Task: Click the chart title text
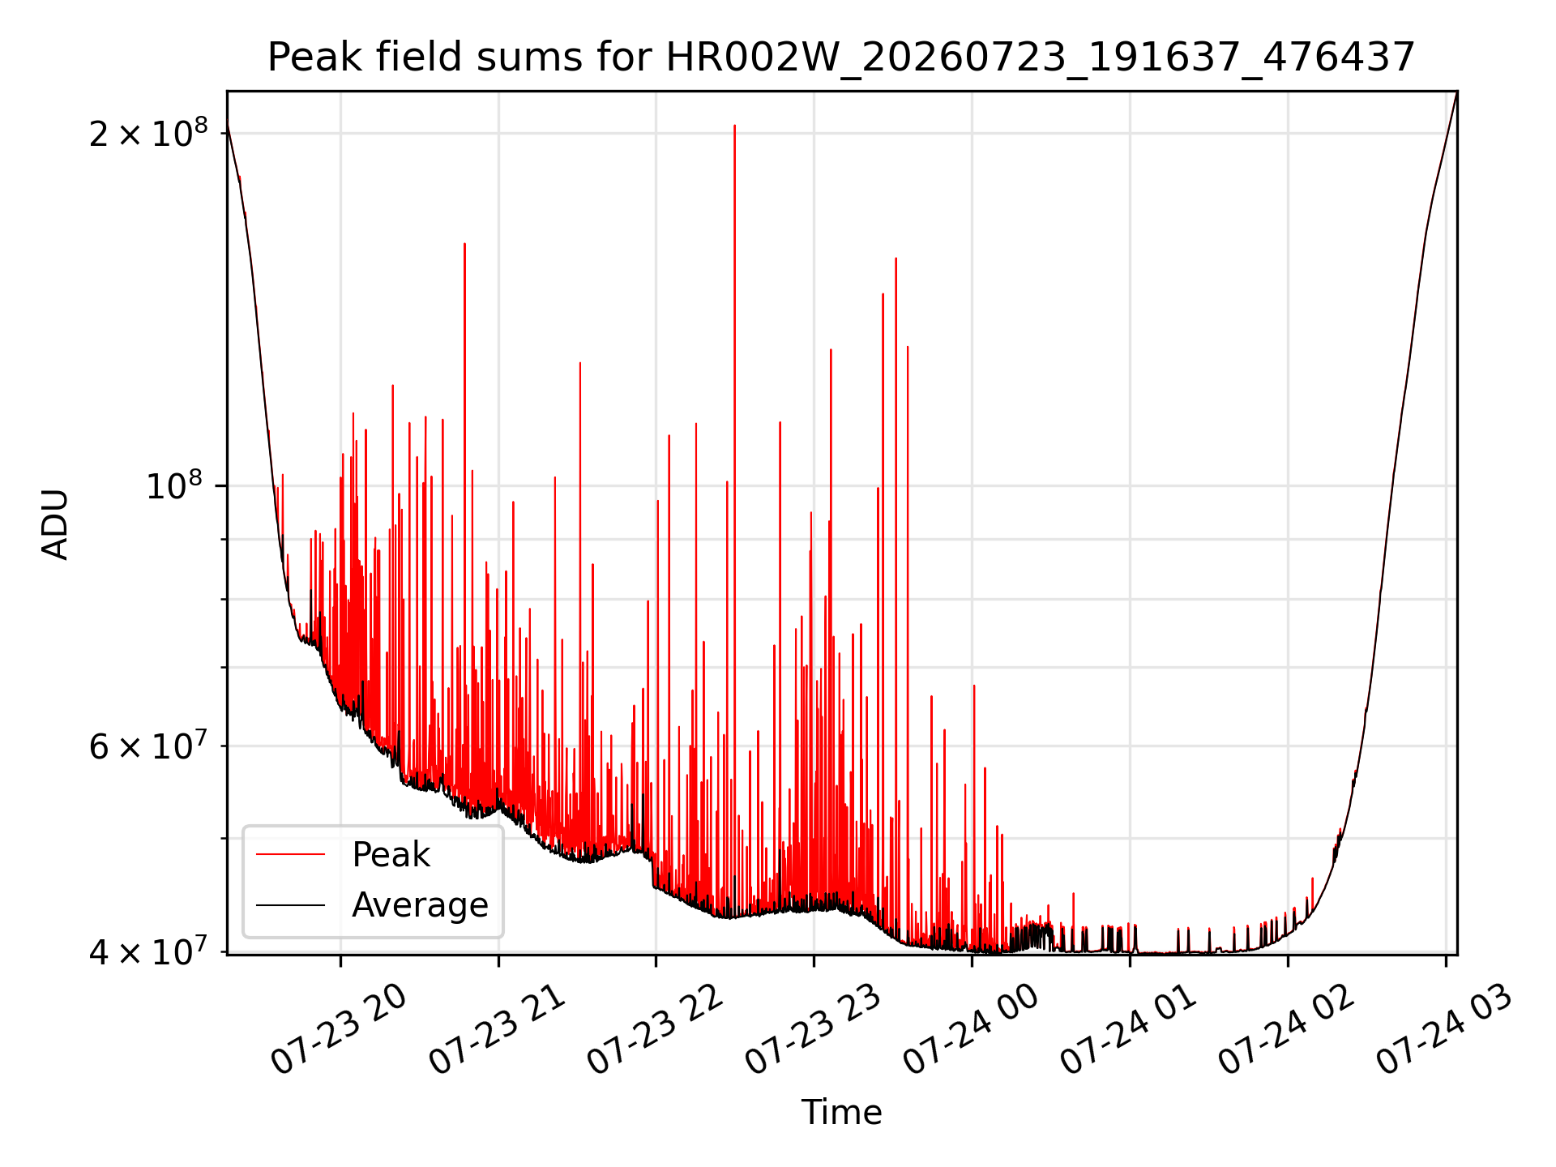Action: click(841, 58)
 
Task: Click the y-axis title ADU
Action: click(55, 524)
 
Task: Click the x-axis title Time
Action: click(841, 1112)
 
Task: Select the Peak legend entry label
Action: click(391, 855)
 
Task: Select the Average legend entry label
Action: click(420, 904)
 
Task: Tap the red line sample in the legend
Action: click(290, 854)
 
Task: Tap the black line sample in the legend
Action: click(290, 904)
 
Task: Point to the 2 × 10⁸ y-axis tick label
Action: click(148, 133)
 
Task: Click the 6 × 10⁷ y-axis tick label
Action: click(148, 746)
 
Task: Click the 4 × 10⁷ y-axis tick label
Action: click(148, 952)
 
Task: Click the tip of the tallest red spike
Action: click(734, 126)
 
